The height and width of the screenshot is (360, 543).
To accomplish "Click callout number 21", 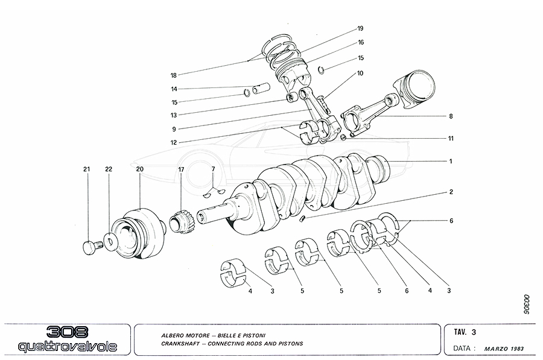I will click(86, 169).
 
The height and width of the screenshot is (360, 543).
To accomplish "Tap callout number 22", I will click(109, 169).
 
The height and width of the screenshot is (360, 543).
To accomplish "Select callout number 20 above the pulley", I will click(139, 169).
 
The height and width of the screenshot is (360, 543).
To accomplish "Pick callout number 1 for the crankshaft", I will click(450, 161).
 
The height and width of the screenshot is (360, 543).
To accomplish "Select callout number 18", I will click(173, 75).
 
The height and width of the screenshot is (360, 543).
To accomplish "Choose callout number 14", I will click(173, 89).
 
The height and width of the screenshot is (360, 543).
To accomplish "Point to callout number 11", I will click(450, 138).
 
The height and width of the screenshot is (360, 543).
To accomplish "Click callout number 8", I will click(450, 115).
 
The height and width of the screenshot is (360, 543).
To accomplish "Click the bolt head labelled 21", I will click(89, 247).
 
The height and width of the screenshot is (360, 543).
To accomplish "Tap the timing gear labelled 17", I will click(182, 220).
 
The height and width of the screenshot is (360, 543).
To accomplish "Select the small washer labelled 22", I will click(110, 242).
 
